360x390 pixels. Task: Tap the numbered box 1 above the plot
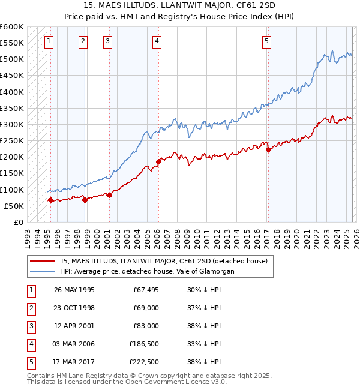(49, 41)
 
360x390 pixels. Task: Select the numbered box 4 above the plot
(157, 41)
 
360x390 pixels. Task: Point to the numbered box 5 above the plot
(266, 41)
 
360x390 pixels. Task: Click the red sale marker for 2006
(158, 161)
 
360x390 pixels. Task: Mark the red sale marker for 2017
(268, 150)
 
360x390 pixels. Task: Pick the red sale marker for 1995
(50, 200)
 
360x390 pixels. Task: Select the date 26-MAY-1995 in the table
(74, 290)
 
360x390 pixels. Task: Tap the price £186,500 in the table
(144, 344)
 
